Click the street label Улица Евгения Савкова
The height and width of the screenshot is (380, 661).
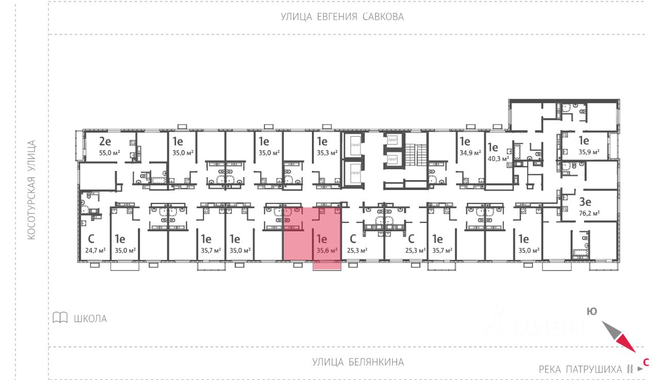pyautogui.click(x=342, y=17)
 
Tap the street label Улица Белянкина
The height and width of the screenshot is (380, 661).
pyautogui.click(x=358, y=362)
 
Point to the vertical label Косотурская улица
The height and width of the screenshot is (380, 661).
pyautogui.click(x=32, y=189)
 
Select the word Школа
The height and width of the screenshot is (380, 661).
pyautogui.click(x=90, y=319)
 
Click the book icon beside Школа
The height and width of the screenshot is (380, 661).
pyautogui.click(x=60, y=318)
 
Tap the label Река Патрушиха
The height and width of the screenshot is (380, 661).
pyautogui.click(x=580, y=369)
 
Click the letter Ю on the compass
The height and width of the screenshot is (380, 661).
pyautogui.click(x=592, y=311)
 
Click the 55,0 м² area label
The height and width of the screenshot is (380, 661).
pyautogui.click(x=109, y=153)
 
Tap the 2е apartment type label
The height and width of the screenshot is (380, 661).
pyautogui.click(x=105, y=141)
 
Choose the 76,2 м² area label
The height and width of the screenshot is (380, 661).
pyautogui.click(x=589, y=213)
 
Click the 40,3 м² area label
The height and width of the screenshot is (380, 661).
pyautogui.click(x=497, y=159)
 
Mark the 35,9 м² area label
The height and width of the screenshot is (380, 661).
pyautogui.click(x=589, y=152)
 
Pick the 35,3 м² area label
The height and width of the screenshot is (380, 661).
pyautogui.click(x=327, y=153)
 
